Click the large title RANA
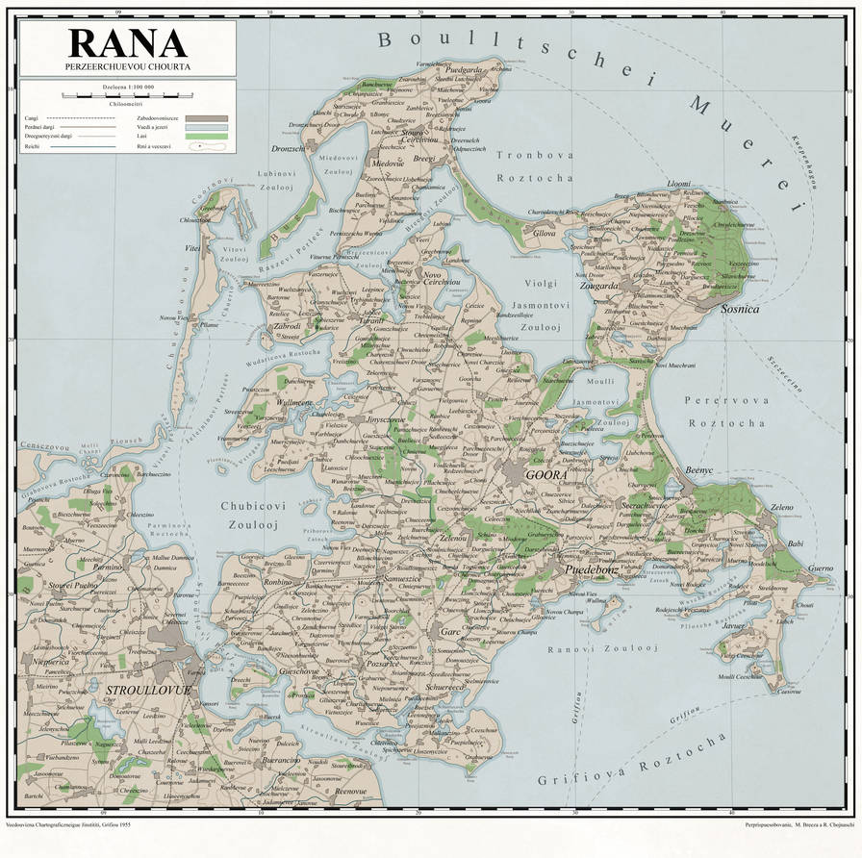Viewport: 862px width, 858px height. [127, 42]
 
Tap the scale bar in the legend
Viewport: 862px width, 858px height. [127, 94]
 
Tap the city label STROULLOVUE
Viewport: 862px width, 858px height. [148, 690]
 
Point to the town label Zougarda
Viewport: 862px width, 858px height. [599, 286]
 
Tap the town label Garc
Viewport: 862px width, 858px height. [450, 632]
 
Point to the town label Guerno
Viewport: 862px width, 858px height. [820, 568]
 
